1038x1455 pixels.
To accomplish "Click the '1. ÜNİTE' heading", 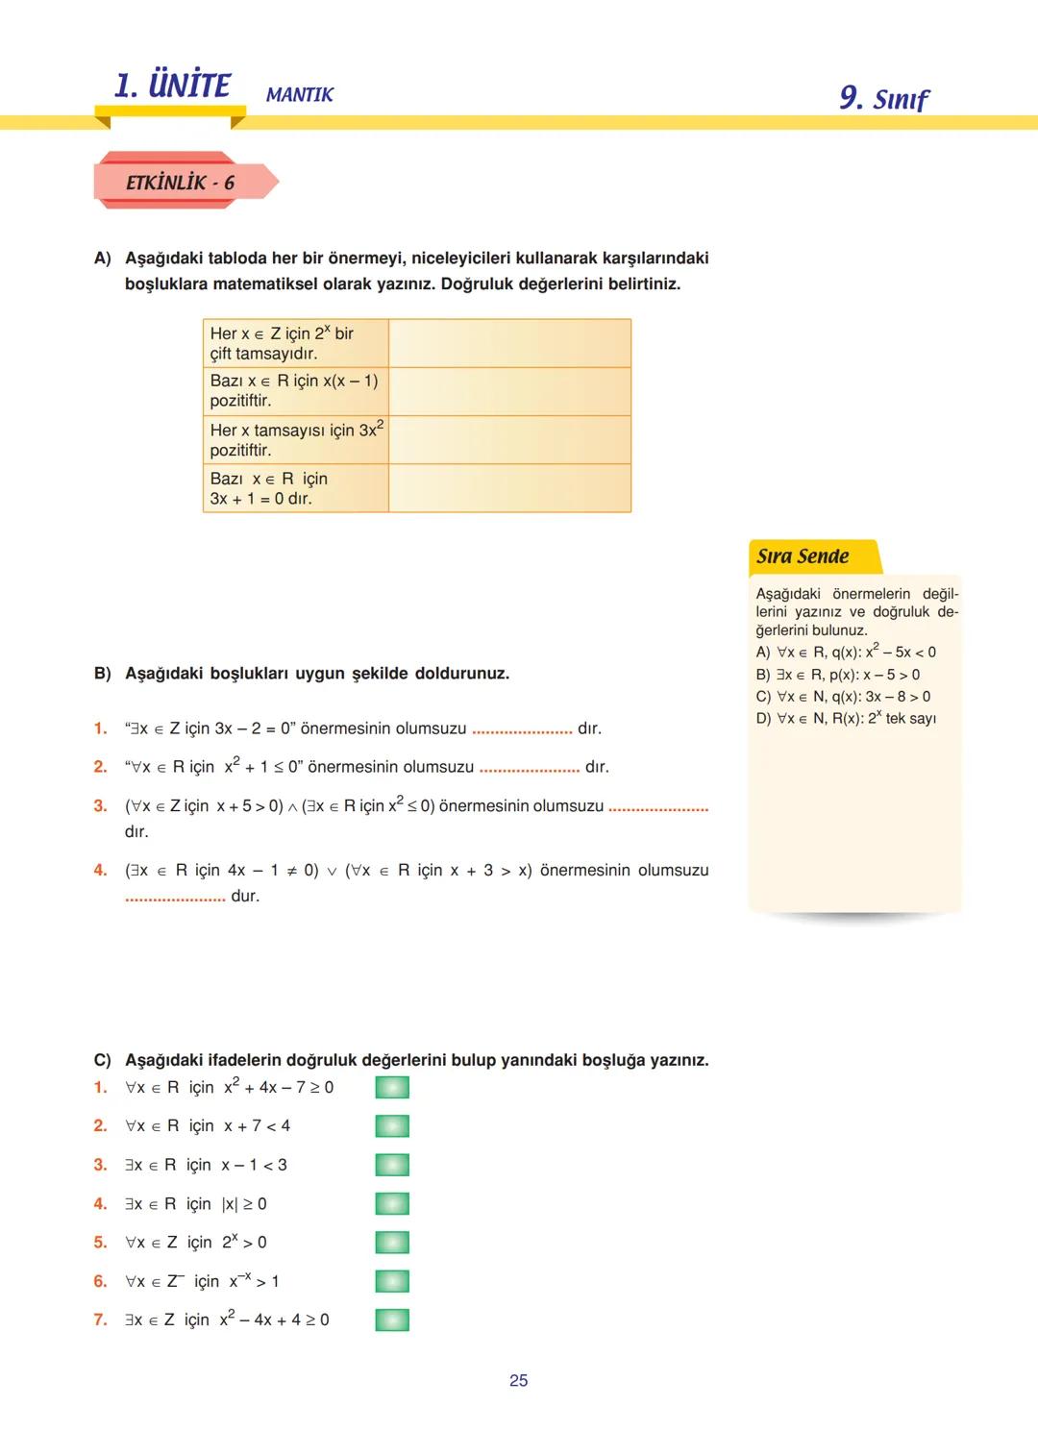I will coord(172,86).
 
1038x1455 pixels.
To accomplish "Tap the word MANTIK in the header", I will coord(299,95).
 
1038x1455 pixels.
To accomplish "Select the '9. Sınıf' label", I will coord(883,98).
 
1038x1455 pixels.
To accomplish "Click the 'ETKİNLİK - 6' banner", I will coord(180,183).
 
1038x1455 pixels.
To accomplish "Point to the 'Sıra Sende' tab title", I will coord(803,556).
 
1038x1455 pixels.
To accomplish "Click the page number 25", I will coord(518,1380).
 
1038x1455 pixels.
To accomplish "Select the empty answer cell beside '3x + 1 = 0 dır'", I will coord(509,488).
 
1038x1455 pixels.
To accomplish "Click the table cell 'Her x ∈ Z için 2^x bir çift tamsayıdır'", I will coord(295,343).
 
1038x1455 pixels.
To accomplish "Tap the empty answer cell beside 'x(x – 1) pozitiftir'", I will coord(509,391).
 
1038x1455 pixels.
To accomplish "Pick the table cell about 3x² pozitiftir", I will coord(295,439).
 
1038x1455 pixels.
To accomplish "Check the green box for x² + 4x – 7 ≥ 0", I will coord(392,1087).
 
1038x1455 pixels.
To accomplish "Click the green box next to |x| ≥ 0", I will coord(392,1203).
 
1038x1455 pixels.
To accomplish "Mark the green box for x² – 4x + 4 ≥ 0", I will coord(392,1319).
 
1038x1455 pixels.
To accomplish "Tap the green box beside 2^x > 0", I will coord(392,1243).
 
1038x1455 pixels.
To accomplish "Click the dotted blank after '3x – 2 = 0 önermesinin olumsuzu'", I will coord(522,730).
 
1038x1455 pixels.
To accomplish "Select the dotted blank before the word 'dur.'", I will coord(175,898).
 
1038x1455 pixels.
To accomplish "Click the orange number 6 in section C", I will coord(100,1281).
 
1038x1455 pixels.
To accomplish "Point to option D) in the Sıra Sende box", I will coord(763,718).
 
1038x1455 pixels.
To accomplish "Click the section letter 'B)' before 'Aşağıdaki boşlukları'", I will coord(103,674).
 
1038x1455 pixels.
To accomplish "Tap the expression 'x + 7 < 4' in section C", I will coord(257,1125).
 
